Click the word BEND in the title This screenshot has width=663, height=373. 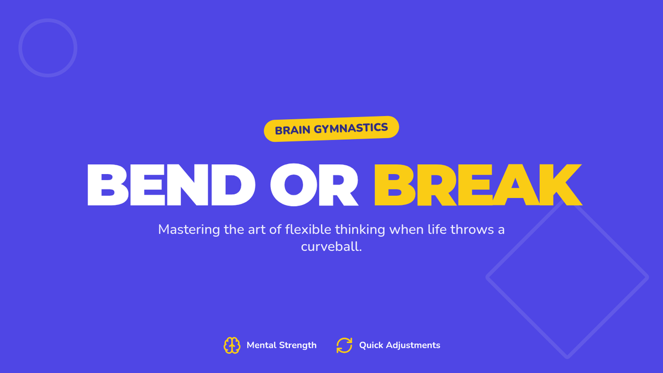pyautogui.click(x=171, y=185)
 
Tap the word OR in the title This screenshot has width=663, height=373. pyautogui.click(x=314, y=185)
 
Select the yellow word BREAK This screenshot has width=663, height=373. pyautogui.click(x=478, y=185)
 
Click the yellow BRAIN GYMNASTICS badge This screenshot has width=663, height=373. pyautogui.click(x=331, y=129)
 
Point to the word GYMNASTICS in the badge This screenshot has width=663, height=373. pyautogui.click(x=351, y=128)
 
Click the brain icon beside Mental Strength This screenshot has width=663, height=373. pyautogui.click(x=231, y=345)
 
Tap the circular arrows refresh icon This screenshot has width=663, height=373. pyautogui.click(x=344, y=345)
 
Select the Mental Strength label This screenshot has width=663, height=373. pyautogui.click(x=281, y=345)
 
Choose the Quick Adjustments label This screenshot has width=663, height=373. pyautogui.click(x=399, y=345)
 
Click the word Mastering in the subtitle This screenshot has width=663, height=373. pyautogui.click(x=189, y=230)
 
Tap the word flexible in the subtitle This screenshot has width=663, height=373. pyautogui.click(x=308, y=229)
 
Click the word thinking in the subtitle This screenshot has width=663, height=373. pyautogui.click(x=360, y=230)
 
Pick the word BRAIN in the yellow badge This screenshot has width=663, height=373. pyautogui.click(x=292, y=130)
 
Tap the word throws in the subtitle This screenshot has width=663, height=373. pyautogui.click(x=469, y=229)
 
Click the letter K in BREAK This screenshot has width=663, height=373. pyautogui.click(x=560, y=185)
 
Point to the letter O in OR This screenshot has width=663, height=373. pyautogui.click(x=293, y=185)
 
